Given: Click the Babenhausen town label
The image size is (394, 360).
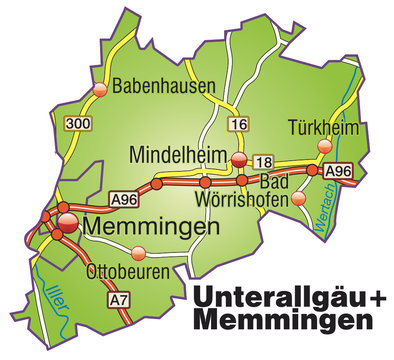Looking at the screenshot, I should (165, 87).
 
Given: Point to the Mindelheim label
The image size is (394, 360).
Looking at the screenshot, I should (179, 155).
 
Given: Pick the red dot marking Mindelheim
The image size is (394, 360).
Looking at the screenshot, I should (238, 159).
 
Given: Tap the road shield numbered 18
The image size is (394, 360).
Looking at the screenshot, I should (263, 160).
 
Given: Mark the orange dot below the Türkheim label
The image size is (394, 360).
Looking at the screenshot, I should (324, 146).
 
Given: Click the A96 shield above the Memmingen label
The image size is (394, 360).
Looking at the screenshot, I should (123, 199).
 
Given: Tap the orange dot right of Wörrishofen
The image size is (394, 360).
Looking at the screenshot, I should (298, 198).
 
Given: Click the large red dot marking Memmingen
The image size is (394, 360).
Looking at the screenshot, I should (66, 223).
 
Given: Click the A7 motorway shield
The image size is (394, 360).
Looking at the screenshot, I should (119, 298).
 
